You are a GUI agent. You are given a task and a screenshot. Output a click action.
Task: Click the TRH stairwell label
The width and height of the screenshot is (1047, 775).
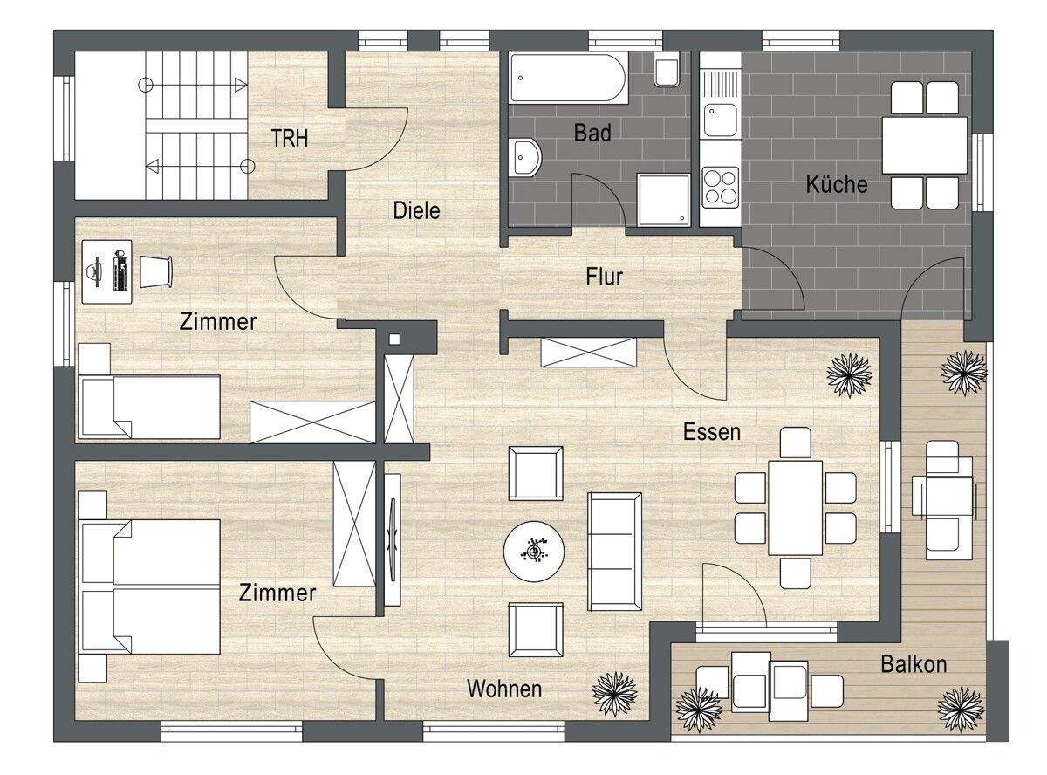[x=289, y=138]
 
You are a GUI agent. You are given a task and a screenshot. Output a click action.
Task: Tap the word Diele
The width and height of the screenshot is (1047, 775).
[x=416, y=210]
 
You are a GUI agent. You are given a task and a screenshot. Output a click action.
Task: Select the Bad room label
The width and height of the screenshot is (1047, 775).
[x=592, y=134]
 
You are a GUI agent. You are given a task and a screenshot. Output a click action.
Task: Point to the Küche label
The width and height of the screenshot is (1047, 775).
[x=836, y=184]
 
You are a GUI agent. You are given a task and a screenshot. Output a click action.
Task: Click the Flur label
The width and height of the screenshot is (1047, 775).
[x=604, y=277]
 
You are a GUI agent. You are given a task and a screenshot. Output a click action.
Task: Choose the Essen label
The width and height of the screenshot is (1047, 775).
[x=711, y=431]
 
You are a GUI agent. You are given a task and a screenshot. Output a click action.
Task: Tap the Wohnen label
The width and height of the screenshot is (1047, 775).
[x=503, y=689]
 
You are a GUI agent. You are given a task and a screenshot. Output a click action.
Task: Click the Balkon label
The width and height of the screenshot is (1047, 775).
[x=913, y=664]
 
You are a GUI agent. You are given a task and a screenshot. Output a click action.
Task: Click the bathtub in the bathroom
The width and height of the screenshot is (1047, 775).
[x=567, y=78]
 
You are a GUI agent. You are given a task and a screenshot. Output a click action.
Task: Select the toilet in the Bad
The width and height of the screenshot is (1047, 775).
[x=667, y=71]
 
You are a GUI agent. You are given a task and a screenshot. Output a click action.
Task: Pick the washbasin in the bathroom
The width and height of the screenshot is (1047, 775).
[x=526, y=157]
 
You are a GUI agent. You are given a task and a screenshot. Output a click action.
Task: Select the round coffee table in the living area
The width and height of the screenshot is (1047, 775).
[x=534, y=551]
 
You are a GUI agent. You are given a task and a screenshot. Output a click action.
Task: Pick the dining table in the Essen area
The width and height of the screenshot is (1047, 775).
[x=795, y=507]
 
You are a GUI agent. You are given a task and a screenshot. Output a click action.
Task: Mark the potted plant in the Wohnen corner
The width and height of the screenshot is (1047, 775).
[x=615, y=693]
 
